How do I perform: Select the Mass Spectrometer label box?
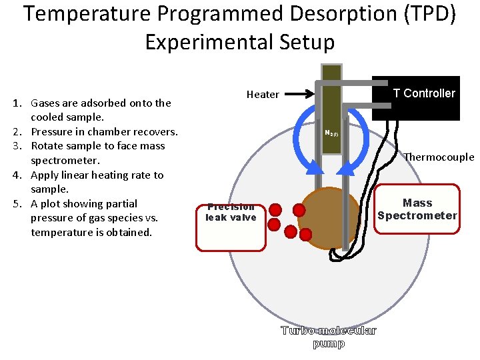[x=417, y=209]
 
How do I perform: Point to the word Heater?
[x=263, y=95]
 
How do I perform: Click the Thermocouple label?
[x=439, y=157]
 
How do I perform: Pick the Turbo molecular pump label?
[x=328, y=337]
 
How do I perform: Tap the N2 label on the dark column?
[x=330, y=133]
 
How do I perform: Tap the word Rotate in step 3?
[x=48, y=146]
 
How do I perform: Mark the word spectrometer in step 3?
[x=65, y=161]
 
